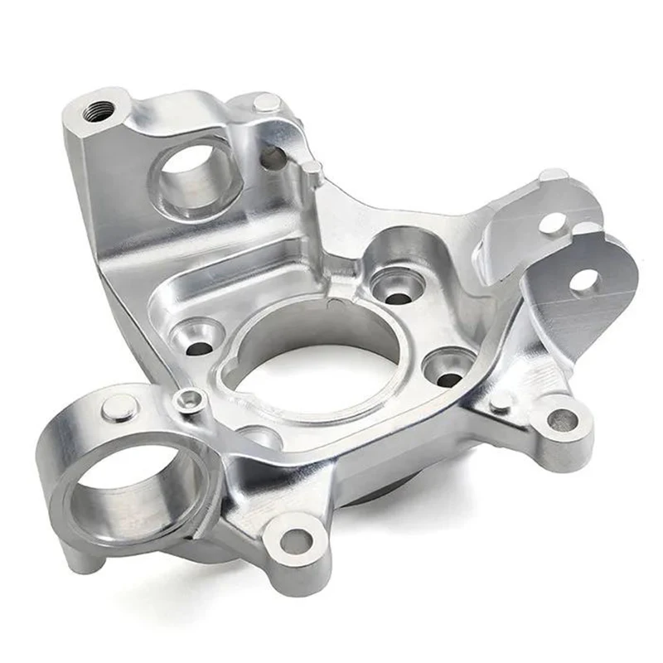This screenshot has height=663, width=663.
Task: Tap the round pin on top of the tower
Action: [266, 103]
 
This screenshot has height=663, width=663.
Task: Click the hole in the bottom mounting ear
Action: [293, 542]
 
